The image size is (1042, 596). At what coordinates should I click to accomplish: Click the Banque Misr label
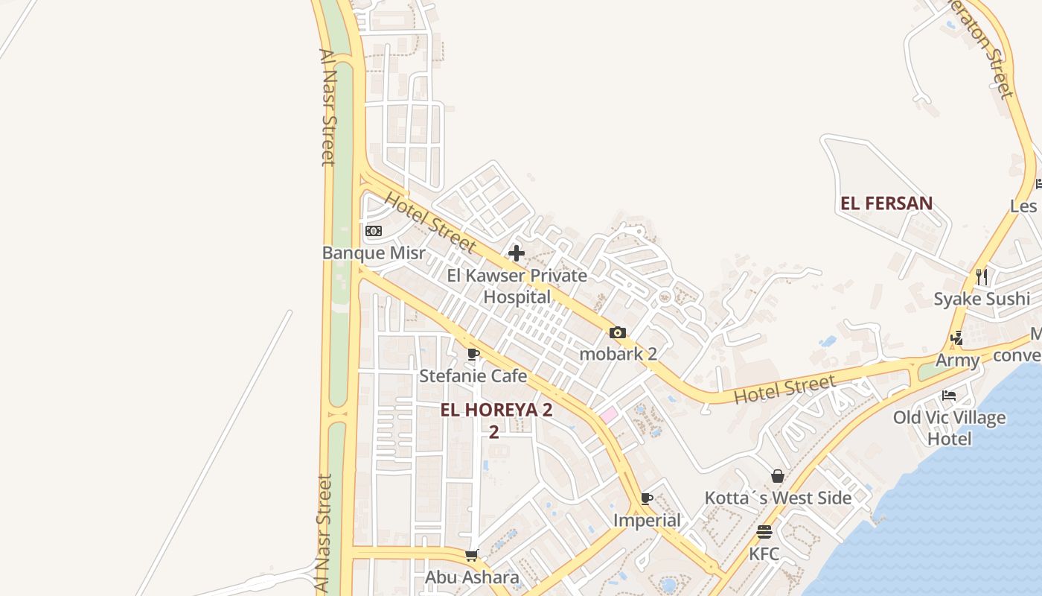click(374, 253)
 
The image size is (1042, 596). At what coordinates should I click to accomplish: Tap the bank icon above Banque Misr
click(374, 231)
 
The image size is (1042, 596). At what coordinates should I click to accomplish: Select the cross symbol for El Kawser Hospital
click(517, 253)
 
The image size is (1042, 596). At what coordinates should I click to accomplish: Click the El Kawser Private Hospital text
click(517, 286)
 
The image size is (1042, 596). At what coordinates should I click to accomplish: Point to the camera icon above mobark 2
click(618, 332)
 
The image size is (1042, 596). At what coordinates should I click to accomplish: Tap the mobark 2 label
click(618, 353)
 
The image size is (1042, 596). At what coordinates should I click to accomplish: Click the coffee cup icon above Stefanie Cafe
click(473, 354)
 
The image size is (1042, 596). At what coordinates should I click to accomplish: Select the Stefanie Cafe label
click(473, 375)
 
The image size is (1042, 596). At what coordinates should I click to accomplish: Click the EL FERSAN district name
click(886, 203)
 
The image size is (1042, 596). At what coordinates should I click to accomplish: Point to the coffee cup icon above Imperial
click(647, 498)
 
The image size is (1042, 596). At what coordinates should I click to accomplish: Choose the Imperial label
click(647, 520)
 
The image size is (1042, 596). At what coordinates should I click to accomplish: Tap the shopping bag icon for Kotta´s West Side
click(778, 476)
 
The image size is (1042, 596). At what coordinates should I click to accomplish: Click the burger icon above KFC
click(764, 532)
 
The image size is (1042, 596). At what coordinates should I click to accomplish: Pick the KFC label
click(764, 554)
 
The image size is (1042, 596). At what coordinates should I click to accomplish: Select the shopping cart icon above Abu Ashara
click(471, 555)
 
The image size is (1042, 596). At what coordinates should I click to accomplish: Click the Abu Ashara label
click(472, 577)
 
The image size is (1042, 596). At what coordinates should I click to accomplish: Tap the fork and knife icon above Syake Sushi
click(982, 277)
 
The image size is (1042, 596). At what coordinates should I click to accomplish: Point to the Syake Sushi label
click(982, 299)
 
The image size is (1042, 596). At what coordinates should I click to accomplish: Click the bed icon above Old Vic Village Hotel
click(949, 395)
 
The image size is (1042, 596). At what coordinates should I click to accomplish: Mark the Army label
click(958, 361)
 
